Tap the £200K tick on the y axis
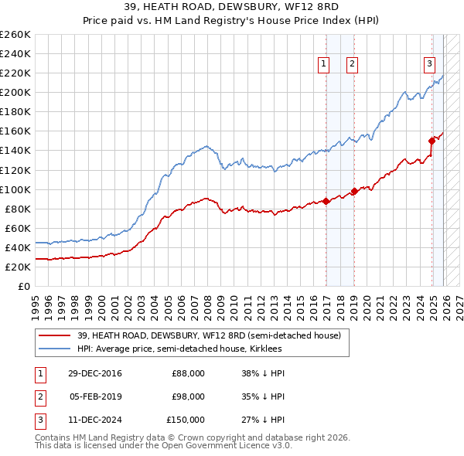click(x=15, y=92)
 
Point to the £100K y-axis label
click(x=15, y=189)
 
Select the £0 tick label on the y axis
click(x=23, y=286)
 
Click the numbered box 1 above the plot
click(x=322, y=65)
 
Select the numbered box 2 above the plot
click(x=352, y=65)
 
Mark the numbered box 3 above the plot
click(x=428, y=65)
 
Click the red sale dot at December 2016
click(x=326, y=201)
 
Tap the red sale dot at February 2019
click(x=354, y=191)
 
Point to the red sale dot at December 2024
click(x=432, y=141)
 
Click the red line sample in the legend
click(x=56, y=335)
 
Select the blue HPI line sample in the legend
click(x=56, y=349)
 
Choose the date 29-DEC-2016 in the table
click(x=95, y=374)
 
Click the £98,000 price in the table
click(x=188, y=396)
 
